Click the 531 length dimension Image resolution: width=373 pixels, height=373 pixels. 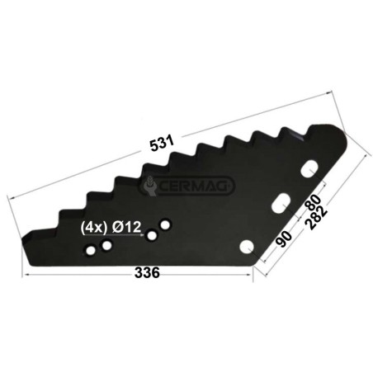[x=162, y=143]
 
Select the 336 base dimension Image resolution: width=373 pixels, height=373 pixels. [x=147, y=272]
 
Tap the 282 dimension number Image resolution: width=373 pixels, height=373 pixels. [x=317, y=218]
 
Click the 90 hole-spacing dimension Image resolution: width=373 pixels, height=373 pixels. [x=284, y=238]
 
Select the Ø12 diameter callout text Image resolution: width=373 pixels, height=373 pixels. [x=127, y=228]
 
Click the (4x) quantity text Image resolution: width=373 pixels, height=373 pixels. [x=93, y=228]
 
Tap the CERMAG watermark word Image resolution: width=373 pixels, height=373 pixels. [x=193, y=186]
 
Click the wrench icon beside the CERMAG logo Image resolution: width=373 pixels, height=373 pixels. [x=150, y=186]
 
